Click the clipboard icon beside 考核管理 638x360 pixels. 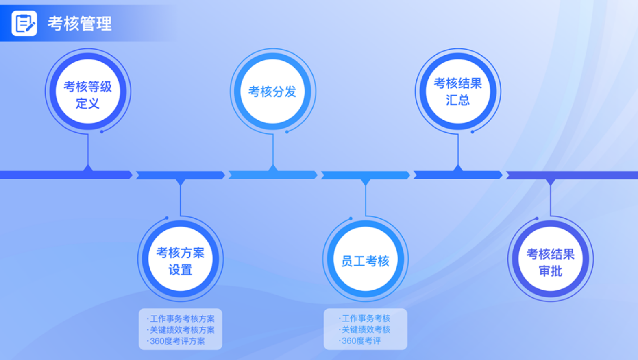24,23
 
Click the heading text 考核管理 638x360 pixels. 80,24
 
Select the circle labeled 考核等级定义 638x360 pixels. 88,92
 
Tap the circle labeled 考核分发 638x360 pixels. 272,92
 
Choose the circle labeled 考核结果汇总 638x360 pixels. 458,92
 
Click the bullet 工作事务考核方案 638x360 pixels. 182,319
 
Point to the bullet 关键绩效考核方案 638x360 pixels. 182,329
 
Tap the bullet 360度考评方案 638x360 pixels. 177,341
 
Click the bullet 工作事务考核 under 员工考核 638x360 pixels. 366,318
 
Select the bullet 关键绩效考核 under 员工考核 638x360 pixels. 366,329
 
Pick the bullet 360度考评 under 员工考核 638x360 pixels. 361,340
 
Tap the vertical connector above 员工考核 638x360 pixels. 366,199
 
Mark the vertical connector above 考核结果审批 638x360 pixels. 551,199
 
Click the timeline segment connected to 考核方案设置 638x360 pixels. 180,175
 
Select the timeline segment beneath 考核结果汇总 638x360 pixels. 458,175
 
